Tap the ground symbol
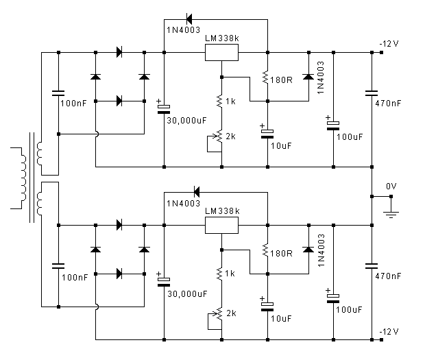click(391, 215)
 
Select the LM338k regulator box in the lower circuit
click(222, 226)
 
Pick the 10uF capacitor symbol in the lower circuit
click(268, 304)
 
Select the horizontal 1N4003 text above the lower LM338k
click(183, 203)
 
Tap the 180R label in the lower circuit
click(281, 253)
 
